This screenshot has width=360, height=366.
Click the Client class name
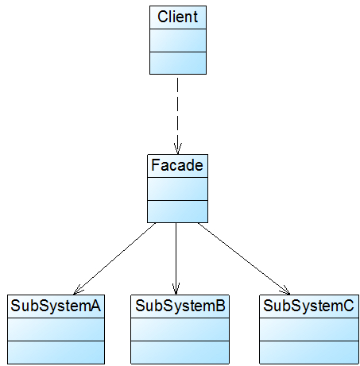[x=178, y=16]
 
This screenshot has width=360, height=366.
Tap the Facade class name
[x=176, y=166]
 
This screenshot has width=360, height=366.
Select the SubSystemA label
[x=56, y=305]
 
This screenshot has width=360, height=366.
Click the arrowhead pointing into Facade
[x=178, y=148]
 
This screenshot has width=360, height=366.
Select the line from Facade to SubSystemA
[x=115, y=258]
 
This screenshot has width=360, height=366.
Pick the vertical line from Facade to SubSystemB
[x=176, y=254]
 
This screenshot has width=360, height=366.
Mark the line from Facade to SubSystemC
[x=242, y=258]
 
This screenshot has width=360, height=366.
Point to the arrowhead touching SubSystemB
[x=176, y=288]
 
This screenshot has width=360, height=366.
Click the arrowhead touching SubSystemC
[x=285, y=288]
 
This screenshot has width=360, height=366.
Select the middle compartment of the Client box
[x=178, y=40]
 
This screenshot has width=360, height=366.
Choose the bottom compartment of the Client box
[x=178, y=62]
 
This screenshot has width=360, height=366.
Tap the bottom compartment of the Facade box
[x=176, y=211]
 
